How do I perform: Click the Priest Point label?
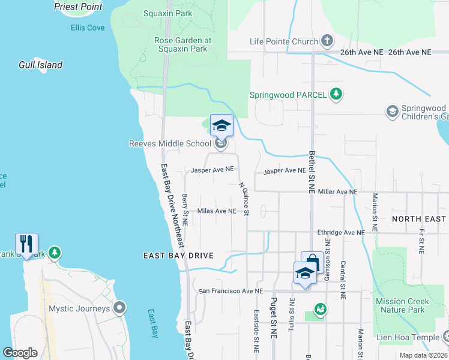(78, 7)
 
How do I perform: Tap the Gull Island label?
(41, 65)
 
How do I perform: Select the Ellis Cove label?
(87, 28)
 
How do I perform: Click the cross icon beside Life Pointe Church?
(327, 41)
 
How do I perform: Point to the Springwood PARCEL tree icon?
(337, 94)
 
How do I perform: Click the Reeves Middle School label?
(170, 143)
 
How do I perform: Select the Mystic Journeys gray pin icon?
(119, 308)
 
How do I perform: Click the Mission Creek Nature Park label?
(402, 305)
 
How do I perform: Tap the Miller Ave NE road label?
(338, 191)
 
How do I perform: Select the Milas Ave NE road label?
(217, 211)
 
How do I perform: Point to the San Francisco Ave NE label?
(231, 291)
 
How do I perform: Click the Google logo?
(20, 353)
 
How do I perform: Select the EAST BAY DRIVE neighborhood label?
(178, 256)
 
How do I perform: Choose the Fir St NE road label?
(423, 239)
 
